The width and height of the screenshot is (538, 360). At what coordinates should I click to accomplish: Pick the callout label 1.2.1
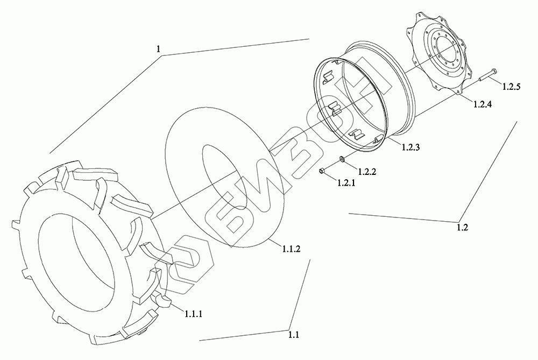347,183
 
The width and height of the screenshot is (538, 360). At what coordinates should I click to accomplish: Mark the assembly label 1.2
462,227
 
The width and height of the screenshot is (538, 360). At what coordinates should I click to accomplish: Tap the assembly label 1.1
293,335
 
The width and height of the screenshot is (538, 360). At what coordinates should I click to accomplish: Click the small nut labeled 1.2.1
322,171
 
